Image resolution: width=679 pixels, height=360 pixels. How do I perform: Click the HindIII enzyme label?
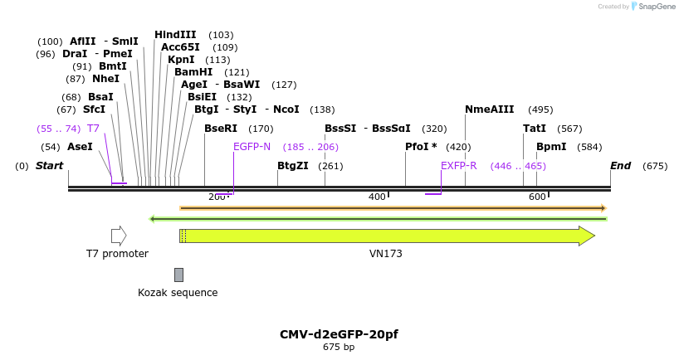point(175,35)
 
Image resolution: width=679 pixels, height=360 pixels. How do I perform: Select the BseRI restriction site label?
point(221,129)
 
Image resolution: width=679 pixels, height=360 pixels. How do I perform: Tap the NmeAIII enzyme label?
point(490,109)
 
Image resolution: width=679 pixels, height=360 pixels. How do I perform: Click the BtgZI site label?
point(293,166)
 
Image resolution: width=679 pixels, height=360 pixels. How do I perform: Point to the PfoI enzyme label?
point(421,147)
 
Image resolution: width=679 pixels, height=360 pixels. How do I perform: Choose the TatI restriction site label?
point(535,129)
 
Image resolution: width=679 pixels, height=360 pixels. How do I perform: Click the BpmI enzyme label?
point(551,147)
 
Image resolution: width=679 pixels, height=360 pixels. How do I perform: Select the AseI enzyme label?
point(80,147)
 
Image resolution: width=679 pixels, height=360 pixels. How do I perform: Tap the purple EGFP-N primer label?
point(252,147)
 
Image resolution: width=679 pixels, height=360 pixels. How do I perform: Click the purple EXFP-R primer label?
point(458,166)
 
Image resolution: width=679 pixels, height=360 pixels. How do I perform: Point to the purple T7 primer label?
point(93,129)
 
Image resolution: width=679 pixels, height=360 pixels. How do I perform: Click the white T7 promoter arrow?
point(119,236)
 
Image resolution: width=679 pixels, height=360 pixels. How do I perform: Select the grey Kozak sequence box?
point(178,275)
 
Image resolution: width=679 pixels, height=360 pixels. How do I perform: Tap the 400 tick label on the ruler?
point(377,197)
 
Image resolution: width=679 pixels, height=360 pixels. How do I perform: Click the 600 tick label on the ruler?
point(537,197)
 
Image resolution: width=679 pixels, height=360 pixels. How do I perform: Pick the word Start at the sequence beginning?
point(49,166)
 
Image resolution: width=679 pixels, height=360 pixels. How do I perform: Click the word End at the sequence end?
point(621,166)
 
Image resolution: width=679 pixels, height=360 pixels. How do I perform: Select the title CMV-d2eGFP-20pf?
point(339,334)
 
